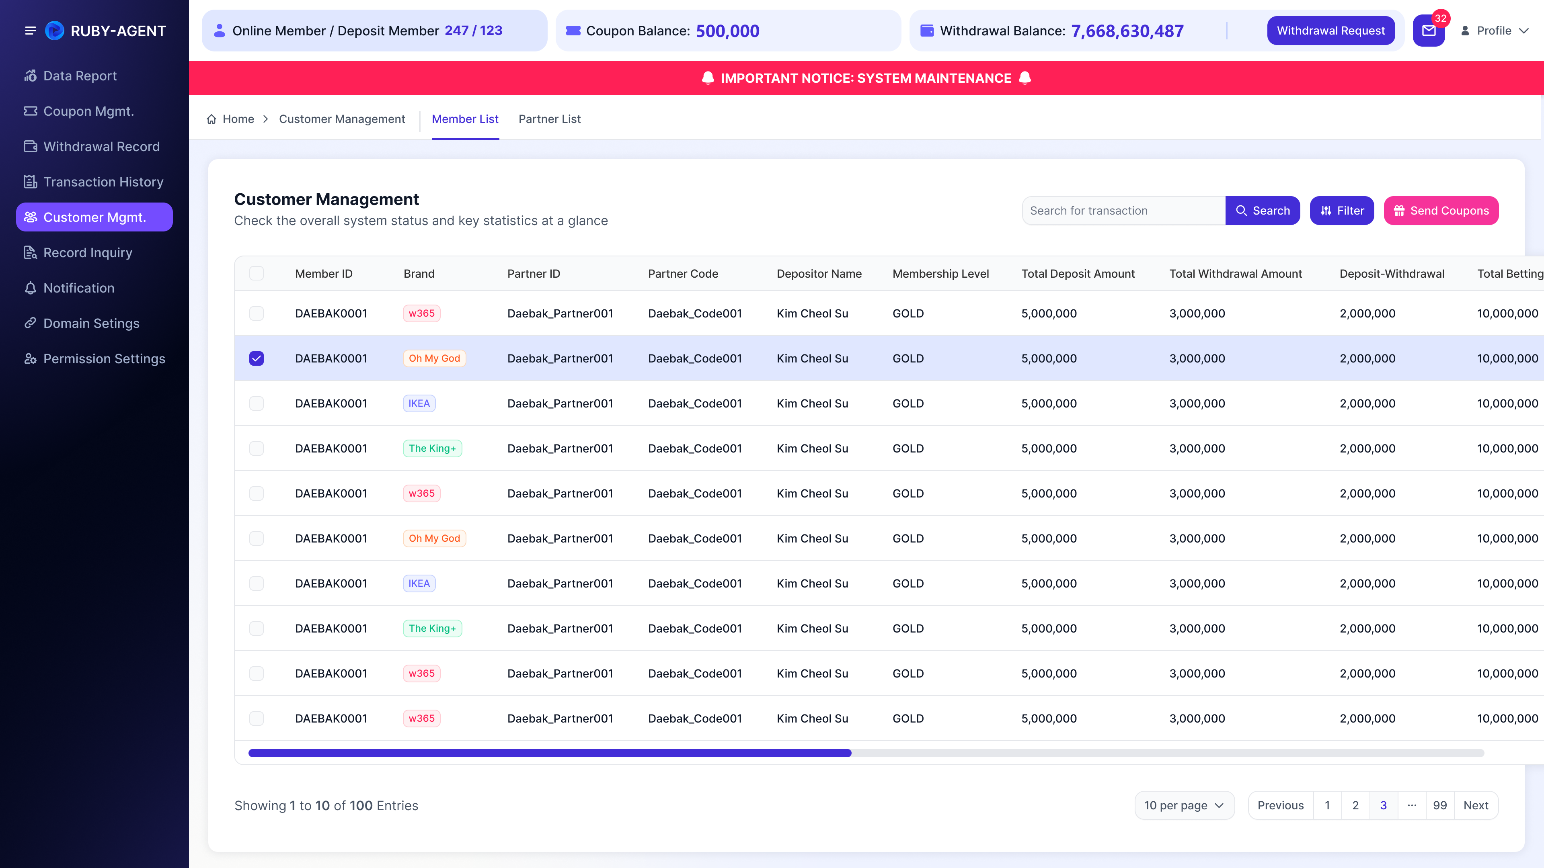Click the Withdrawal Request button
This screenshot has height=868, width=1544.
(x=1330, y=31)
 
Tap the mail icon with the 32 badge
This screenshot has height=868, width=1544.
(x=1429, y=31)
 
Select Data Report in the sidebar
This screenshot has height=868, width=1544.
(x=80, y=76)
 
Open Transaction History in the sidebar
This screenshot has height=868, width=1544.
(x=103, y=182)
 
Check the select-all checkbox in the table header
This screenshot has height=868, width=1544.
(x=257, y=274)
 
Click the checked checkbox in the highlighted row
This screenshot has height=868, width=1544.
(x=257, y=358)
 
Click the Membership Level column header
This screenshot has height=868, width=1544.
(x=940, y=274)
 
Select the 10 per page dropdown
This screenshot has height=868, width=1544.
(x=1184, y=805)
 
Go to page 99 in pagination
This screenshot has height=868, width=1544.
(x=1440, y=805)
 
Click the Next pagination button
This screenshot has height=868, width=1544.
(x=1476, y=805)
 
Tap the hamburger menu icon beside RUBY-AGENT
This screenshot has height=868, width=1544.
(x=30, y=31)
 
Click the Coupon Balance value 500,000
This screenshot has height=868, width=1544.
(x=728, y=31)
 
